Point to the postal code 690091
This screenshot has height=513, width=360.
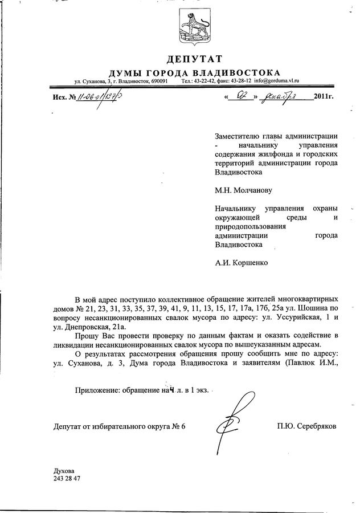point(157,82)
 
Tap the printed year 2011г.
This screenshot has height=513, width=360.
point(323,96)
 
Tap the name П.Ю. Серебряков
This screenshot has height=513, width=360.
point(307,426)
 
